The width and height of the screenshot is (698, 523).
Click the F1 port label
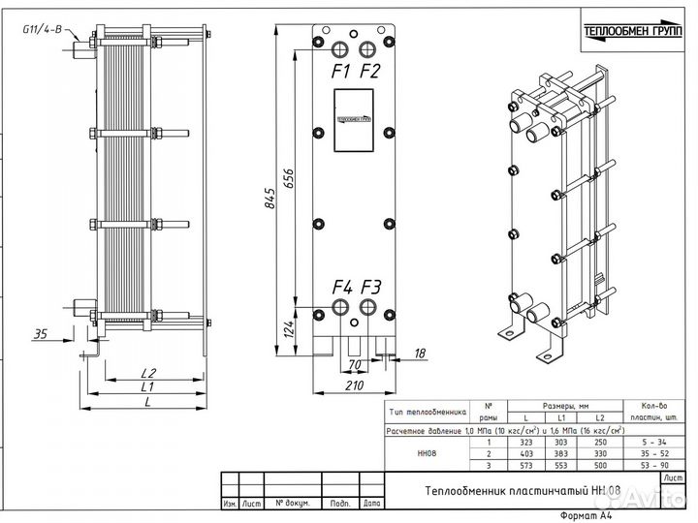339,72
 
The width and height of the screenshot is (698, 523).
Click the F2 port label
369,72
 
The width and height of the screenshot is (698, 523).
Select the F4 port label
341,287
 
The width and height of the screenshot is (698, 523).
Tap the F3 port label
371,287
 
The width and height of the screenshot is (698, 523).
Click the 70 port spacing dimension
355,366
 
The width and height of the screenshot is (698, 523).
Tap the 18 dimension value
420,354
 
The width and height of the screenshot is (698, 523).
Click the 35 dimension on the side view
40,335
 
